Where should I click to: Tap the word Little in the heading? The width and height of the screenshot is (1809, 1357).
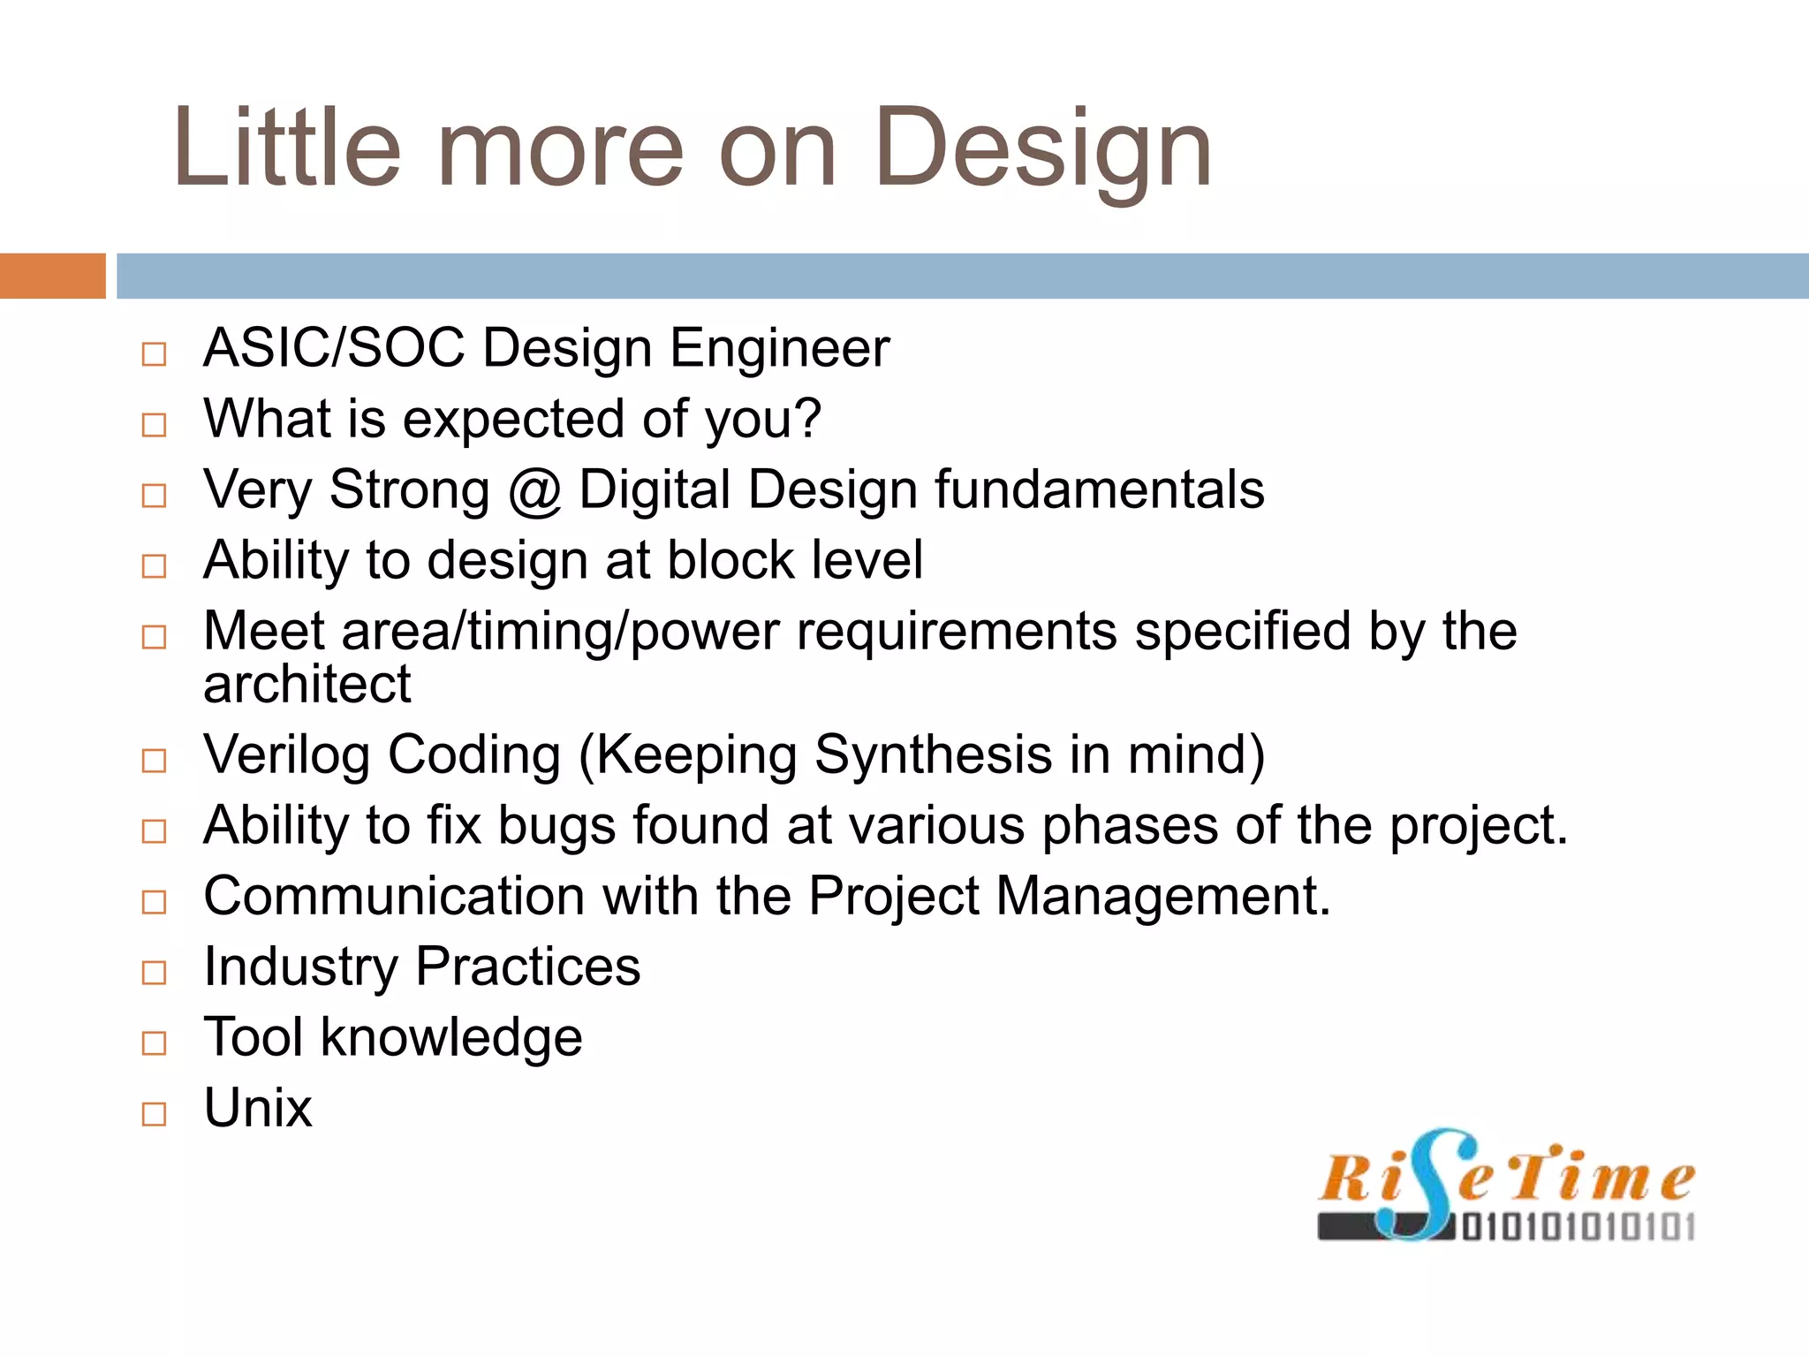coord(287,148)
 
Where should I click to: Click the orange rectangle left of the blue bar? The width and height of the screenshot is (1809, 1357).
coord(52,276)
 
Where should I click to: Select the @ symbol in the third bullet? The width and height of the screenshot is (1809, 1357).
coord(534,491)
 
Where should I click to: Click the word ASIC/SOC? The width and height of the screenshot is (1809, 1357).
coord(334,348)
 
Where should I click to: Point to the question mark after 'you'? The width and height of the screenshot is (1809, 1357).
coord(807,419)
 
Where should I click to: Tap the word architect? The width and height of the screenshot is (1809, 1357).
coord(307,685)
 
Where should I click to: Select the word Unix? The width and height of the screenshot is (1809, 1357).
coord(257,1109)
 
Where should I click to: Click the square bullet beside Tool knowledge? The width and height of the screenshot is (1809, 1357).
coord(154,1043)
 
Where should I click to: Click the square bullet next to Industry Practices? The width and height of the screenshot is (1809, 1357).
coord(154,973)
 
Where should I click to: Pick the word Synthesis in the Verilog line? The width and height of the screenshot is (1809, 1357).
coord(933,756)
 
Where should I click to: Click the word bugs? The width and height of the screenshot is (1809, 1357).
coord(556,827)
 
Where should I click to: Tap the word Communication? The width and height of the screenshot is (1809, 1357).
coord(394,897)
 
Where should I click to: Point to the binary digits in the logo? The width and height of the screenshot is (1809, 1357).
coord(1578,1228)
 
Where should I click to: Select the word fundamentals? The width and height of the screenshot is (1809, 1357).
coord(1099,490)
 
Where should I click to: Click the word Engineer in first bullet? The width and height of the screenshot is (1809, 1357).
coord(779,348)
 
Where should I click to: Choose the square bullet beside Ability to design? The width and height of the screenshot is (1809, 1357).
coord(154,566)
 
